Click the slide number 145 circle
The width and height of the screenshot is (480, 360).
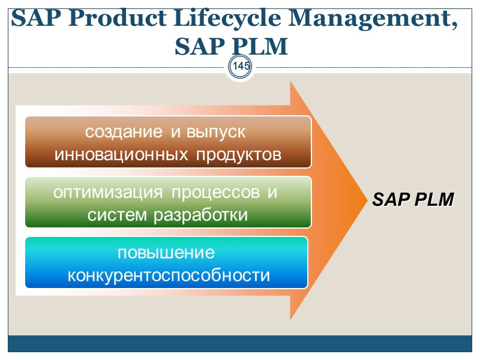point(241,66)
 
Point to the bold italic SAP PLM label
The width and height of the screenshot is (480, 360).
point(413,200)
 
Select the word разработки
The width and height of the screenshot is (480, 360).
point(201,214)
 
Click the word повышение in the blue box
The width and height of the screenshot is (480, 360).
point(166,253)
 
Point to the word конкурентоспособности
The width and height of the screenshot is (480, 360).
point(169,275)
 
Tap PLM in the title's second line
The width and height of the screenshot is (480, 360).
point(259,46)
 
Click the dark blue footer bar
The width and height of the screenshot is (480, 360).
point(240,344)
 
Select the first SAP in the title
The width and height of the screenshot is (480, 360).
point(32,20)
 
